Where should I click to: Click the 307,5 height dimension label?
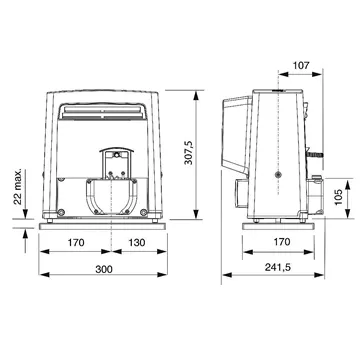pyautogui.click(x=189, y=152)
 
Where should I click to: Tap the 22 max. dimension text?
pyautogui.click(x=18, y=186)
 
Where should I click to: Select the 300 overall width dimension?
pyautogui.click(x=104, y=269)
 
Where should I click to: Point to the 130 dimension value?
pyautogui.click(x=137, y=242)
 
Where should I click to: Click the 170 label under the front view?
pyautogui.click(x=76, y=242)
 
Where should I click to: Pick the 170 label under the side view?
pyautogui.click(x=282, y=241)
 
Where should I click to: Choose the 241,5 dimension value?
pyautogui.click(x=278, y=267)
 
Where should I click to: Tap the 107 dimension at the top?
pyautogui.click(x=301, y=65)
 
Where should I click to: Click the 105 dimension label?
pyautogui.click(x=339, y=197)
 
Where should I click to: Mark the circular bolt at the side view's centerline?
pyautogui.click(x=278, y=174)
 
